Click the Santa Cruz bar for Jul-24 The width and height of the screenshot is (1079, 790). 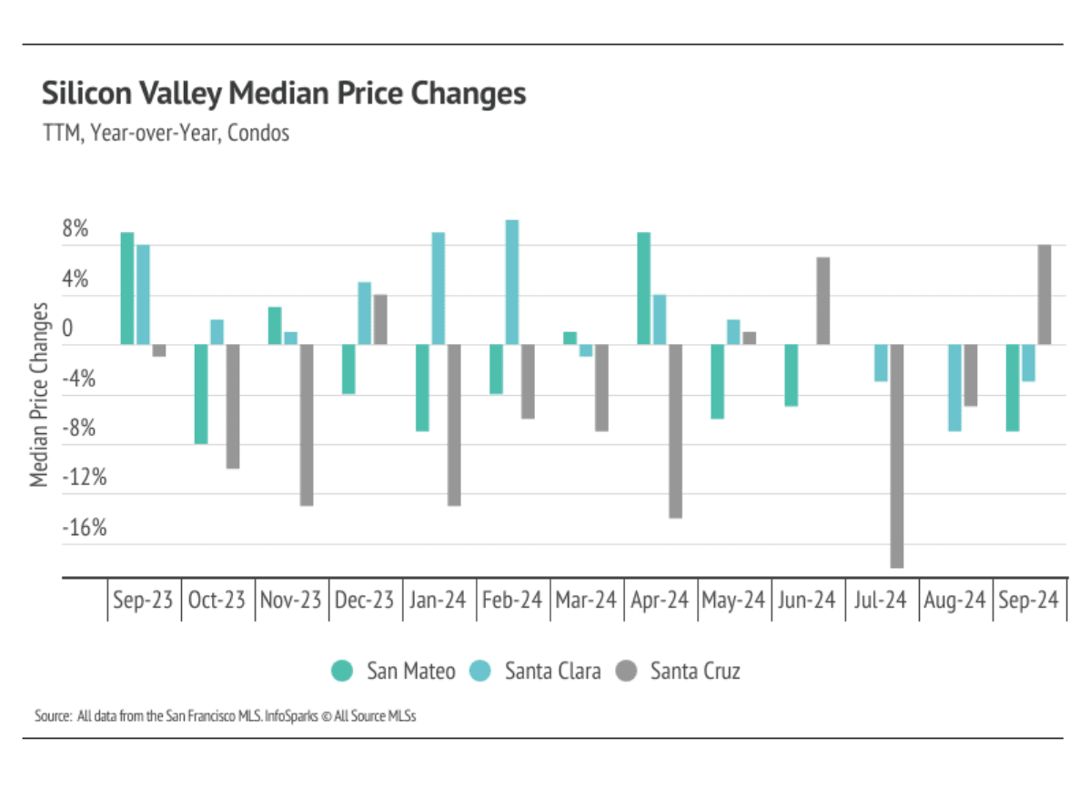click(x=897, y=455)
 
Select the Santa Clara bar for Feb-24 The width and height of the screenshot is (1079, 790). click(x=512, y=282)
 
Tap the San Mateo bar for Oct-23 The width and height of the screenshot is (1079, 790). click(x=202, y=393)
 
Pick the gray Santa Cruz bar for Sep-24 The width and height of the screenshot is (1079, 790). click(x=1044, y=294)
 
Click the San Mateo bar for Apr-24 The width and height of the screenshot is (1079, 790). click(x=643, y=288)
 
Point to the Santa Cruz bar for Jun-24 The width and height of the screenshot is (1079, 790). click(x=822, y=300)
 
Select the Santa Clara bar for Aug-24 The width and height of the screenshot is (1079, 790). click(x=955, y=387)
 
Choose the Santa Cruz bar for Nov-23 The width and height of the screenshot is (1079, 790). click(x=307, y=424)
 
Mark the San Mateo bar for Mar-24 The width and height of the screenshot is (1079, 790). click(x=570, y=338)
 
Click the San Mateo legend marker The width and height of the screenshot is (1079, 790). click(x=342, y=672)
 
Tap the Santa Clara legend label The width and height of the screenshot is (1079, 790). click(x=552, y=672)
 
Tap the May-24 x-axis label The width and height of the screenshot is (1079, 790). click(x=733, y=601)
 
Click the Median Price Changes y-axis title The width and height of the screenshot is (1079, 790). click(x=40, y=393)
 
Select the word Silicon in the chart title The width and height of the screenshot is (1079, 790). click(x=83, y=94)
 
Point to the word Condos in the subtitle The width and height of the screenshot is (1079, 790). click(x=258, y=133)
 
